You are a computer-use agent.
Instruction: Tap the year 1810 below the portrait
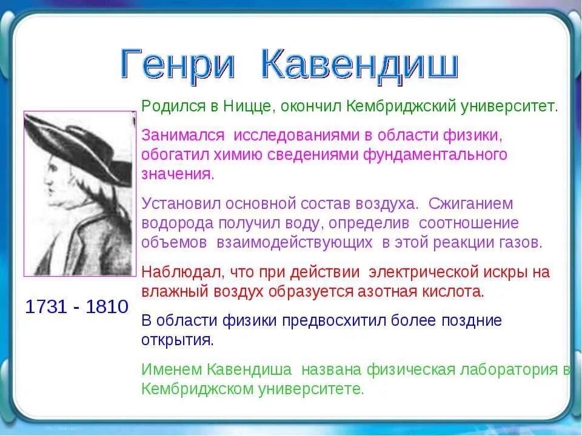[x=107, y=306]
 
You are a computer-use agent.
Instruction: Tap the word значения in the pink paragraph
[x=177, y=174]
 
